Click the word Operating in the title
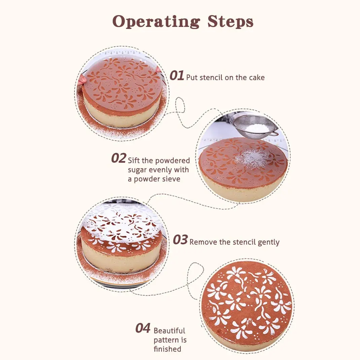click(156, 22)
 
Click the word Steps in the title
click(230, 22)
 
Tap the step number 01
click(177, 76)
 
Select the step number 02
click(118, 158)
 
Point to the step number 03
click(180, 240)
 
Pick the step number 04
click(143, 328)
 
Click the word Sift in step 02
click(134, 160)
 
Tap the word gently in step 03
click(268, 243)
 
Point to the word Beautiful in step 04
click(169, 331)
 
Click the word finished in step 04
click(167, 349)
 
